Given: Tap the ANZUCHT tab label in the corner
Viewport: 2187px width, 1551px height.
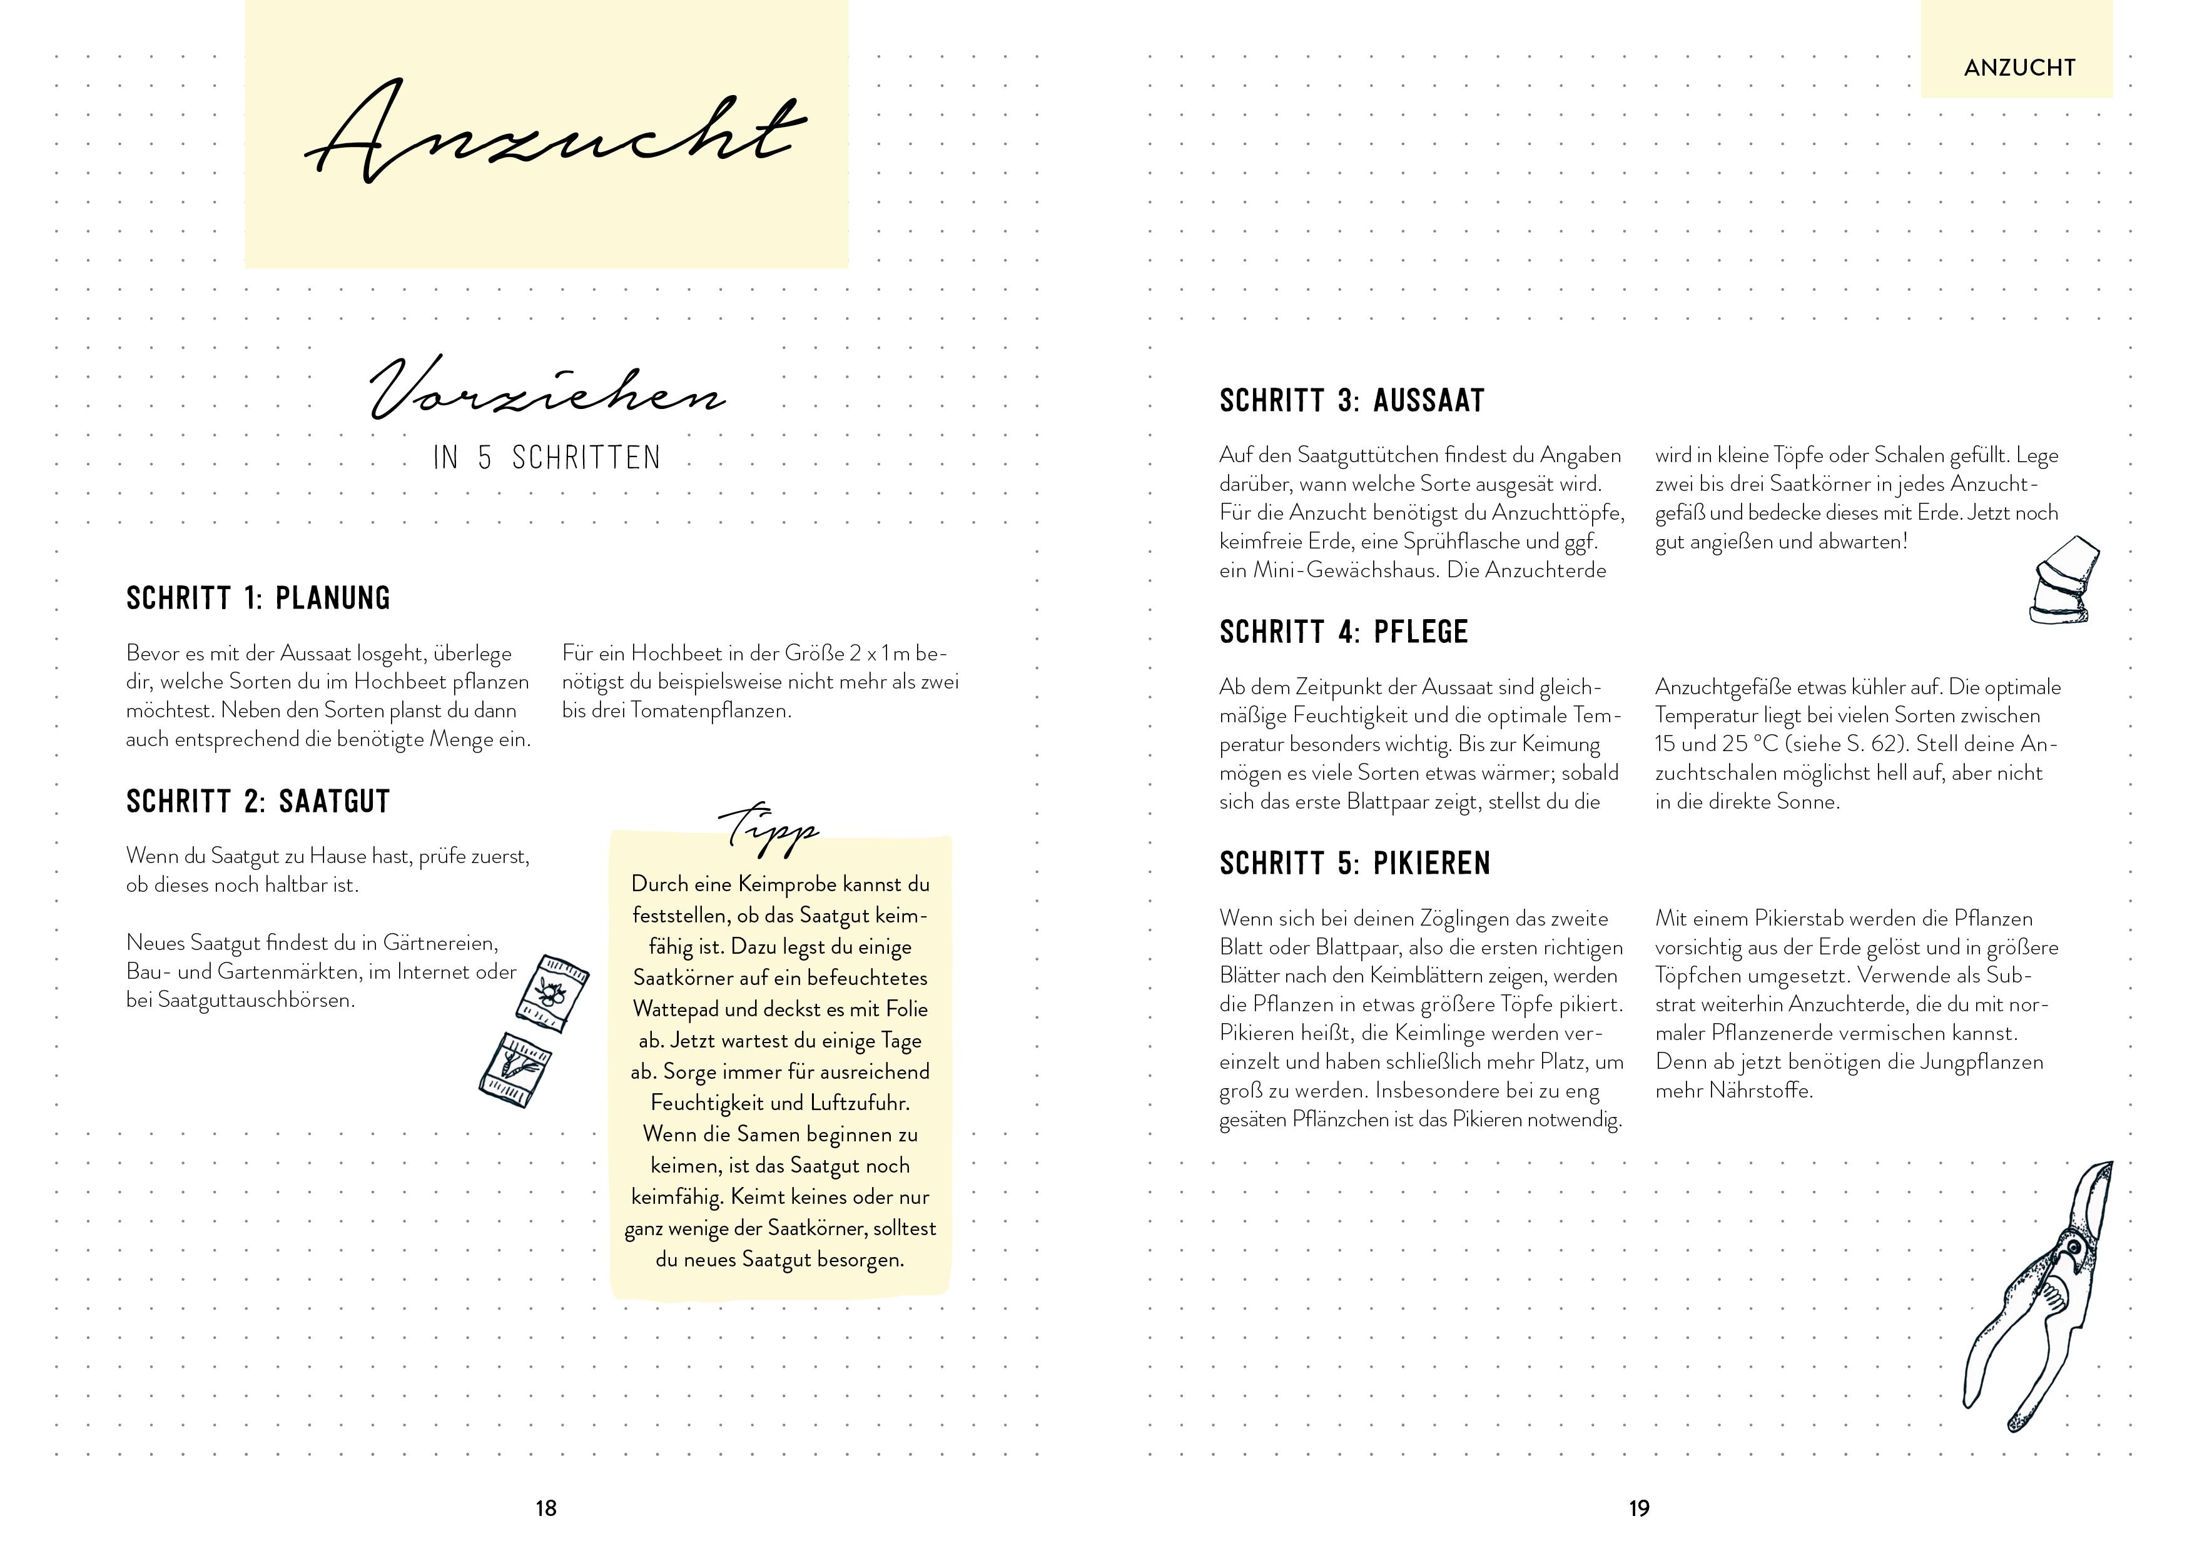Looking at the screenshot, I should click(2019, 68).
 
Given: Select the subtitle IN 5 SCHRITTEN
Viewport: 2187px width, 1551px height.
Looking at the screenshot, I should click(546, 458).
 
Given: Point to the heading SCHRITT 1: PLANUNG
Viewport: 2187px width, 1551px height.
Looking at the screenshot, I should click(258, 599).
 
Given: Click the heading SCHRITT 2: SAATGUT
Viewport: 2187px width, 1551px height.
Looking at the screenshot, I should click(258, 802).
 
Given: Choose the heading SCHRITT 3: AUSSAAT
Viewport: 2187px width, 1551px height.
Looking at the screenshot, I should click(1351, 401).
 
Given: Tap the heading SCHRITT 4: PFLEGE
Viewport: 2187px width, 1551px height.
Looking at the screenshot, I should click(1342, 632).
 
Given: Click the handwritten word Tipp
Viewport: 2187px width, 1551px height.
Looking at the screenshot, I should click(769, 827).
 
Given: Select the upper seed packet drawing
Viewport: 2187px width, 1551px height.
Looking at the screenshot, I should click(551, 993).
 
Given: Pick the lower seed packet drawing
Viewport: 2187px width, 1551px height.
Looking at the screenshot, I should click(514, 1069).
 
